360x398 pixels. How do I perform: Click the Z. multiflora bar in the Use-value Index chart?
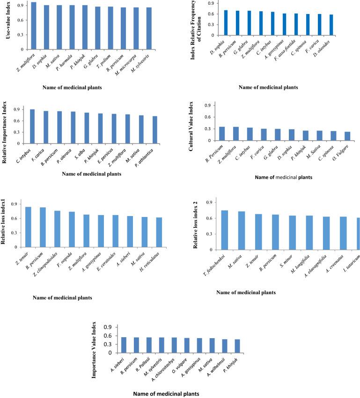34,26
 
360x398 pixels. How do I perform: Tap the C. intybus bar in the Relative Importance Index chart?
32,127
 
